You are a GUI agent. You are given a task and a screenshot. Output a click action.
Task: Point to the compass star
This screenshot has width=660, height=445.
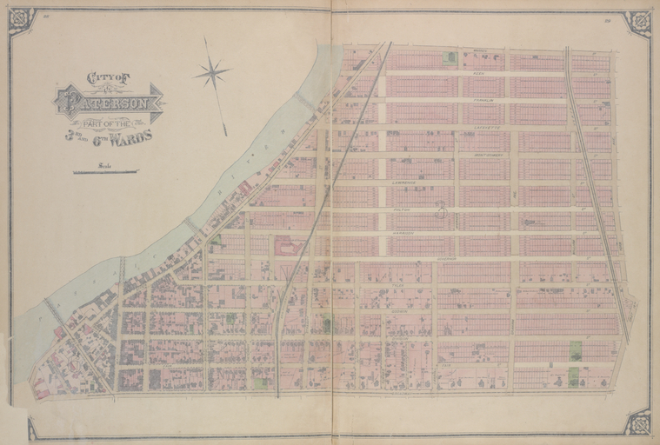212,73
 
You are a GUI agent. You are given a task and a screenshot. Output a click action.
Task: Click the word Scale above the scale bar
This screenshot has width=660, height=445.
104,165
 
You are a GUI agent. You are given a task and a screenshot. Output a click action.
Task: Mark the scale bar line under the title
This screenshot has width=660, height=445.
105,172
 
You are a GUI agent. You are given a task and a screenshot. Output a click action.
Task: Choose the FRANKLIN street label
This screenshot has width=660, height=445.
483,100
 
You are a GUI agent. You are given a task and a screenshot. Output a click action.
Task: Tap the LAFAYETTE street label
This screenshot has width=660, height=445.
487,127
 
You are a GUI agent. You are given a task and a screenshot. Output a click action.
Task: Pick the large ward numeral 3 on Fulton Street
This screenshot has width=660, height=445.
442,209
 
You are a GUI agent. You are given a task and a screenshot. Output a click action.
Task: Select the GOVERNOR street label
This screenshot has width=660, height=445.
446,259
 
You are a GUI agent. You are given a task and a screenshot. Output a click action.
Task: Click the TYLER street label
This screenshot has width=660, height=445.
399,285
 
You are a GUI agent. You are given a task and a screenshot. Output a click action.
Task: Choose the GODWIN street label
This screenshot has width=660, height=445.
399,310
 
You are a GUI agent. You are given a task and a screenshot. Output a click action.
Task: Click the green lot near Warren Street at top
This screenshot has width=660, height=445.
450,58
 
